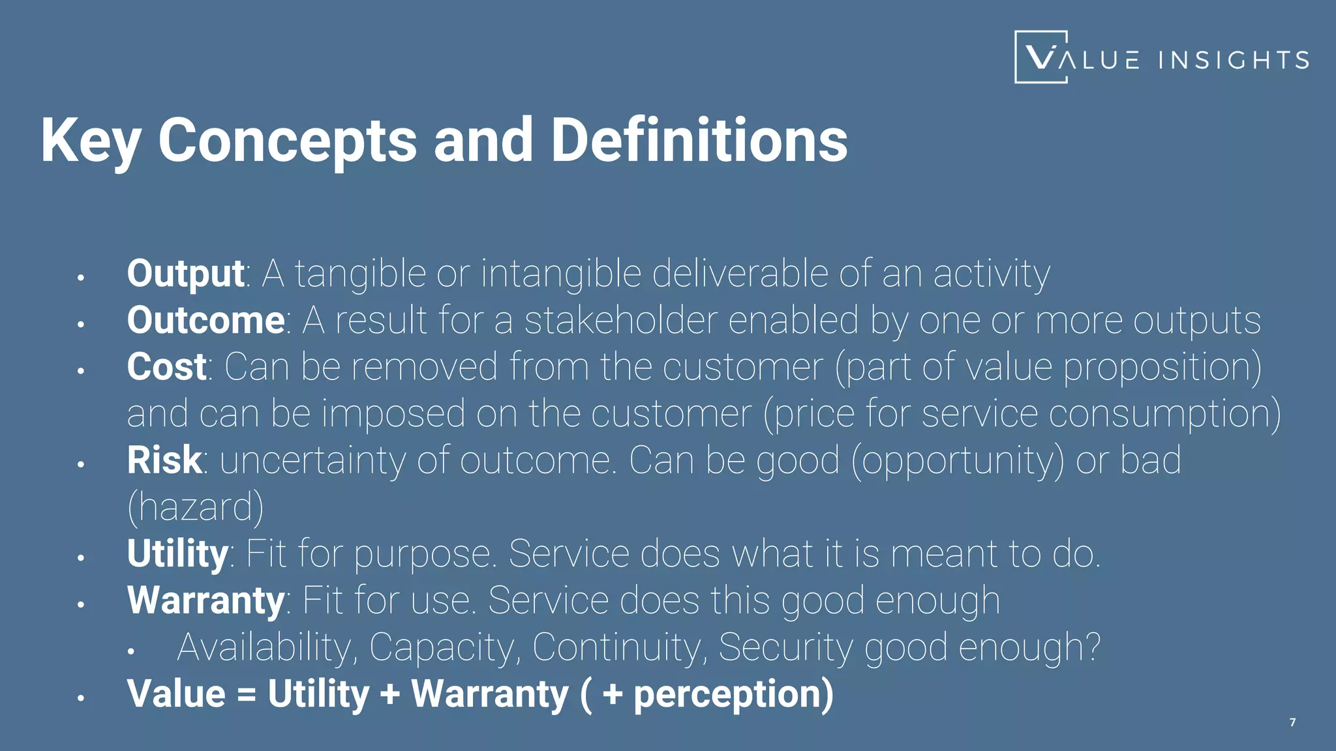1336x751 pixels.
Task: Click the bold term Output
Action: (185, 274)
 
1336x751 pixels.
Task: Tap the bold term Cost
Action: (166, 367)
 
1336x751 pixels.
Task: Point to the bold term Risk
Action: (164, 460)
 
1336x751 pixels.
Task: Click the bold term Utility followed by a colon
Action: (177, 554)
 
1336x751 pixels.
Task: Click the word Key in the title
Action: (90, 141)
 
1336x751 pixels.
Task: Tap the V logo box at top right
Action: (1040, 57)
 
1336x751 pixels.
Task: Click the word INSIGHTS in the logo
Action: (1234, 61)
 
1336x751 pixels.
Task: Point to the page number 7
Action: (1292, 722)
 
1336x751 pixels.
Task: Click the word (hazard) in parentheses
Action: (195, 507)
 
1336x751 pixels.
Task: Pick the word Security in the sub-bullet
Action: (785, 647)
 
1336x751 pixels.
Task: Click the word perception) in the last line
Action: (733, 694)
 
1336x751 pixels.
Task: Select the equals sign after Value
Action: (247, 695)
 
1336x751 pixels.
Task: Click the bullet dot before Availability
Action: (131, 651)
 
